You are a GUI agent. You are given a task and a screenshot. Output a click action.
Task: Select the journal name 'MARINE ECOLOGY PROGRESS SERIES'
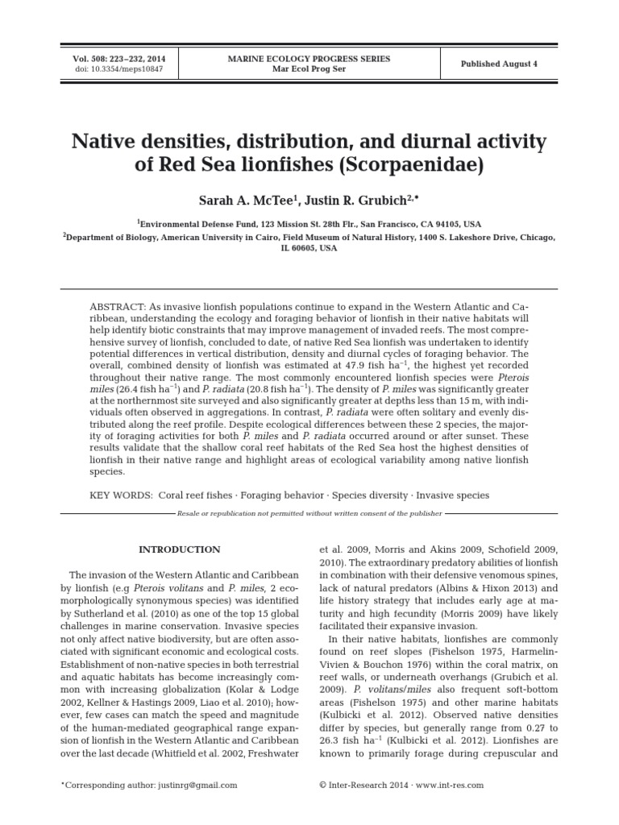click(309, 59)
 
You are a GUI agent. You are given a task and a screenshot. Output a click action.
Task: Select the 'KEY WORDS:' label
click(121, 495)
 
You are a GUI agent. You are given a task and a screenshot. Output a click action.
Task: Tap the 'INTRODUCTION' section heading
click(179, 549)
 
